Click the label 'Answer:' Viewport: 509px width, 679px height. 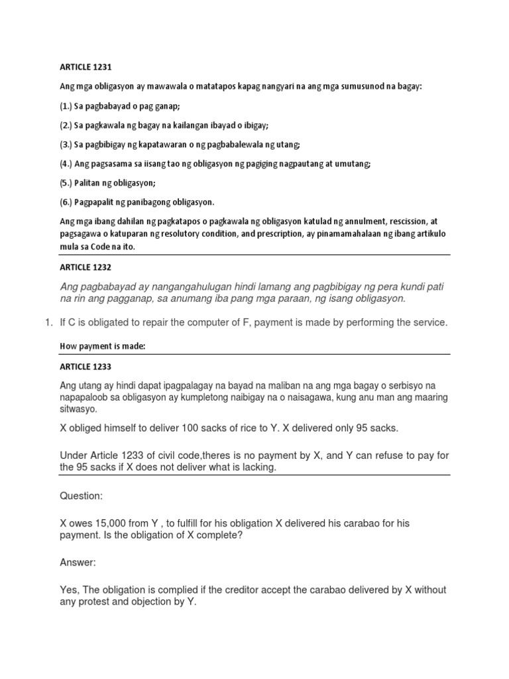click(78, 563)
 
